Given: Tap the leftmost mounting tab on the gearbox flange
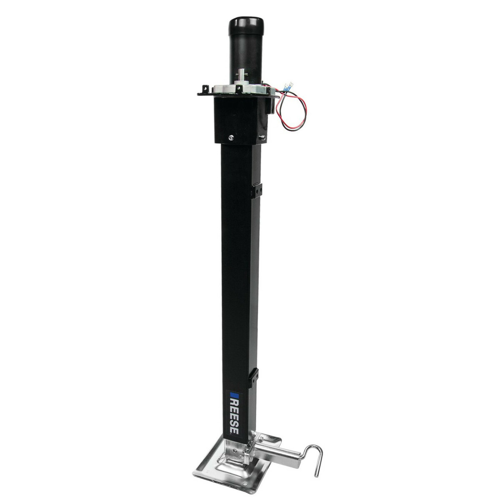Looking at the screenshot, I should pyautogui.click(x=205, y=88).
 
